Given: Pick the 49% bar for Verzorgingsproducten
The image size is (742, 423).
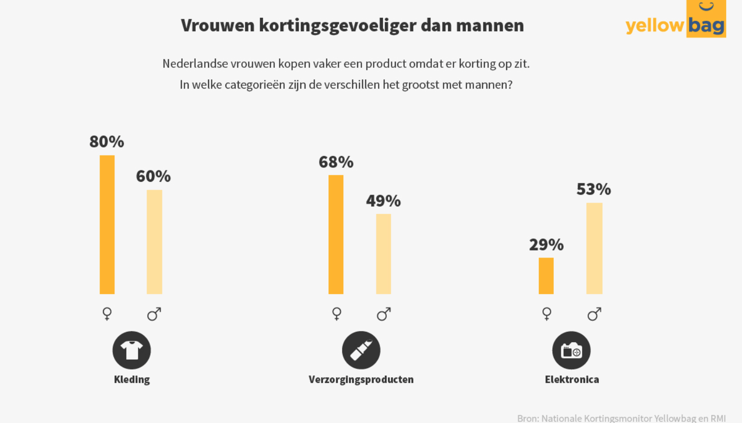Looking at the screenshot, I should [383, 254].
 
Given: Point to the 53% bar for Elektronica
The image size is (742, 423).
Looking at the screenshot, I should [594, 248].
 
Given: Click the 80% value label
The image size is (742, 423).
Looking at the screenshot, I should [106, 142].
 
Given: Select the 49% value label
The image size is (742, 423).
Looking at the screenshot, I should [383, 201].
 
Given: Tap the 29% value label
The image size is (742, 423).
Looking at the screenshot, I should [546, 244].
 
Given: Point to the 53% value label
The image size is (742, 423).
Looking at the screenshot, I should [593, 189].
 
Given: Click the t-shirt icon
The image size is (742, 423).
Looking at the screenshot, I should [132, 350].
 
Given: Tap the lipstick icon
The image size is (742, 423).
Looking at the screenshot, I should [361, 350].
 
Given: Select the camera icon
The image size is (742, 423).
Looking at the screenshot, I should [571, 350].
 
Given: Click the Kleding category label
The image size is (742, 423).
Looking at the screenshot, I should [132, 379].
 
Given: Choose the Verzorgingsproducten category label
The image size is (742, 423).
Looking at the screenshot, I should [361, 379].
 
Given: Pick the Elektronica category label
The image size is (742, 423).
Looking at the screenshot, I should [572, 379].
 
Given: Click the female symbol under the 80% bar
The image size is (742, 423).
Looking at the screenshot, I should [107, 314].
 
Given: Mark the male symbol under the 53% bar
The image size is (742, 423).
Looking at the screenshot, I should [594, 314].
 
